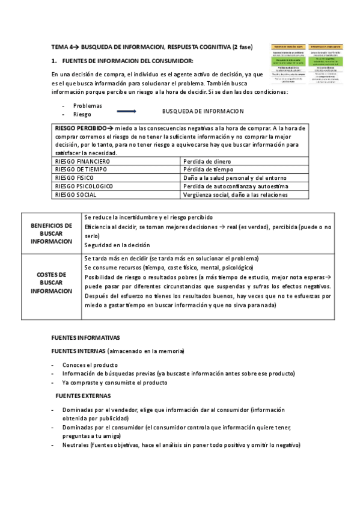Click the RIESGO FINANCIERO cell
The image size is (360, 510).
coord(82,162)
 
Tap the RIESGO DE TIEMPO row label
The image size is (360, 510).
coord(81,170)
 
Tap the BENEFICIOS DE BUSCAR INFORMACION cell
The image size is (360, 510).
coord(51,233)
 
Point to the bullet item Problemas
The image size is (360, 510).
coord(88,105)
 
